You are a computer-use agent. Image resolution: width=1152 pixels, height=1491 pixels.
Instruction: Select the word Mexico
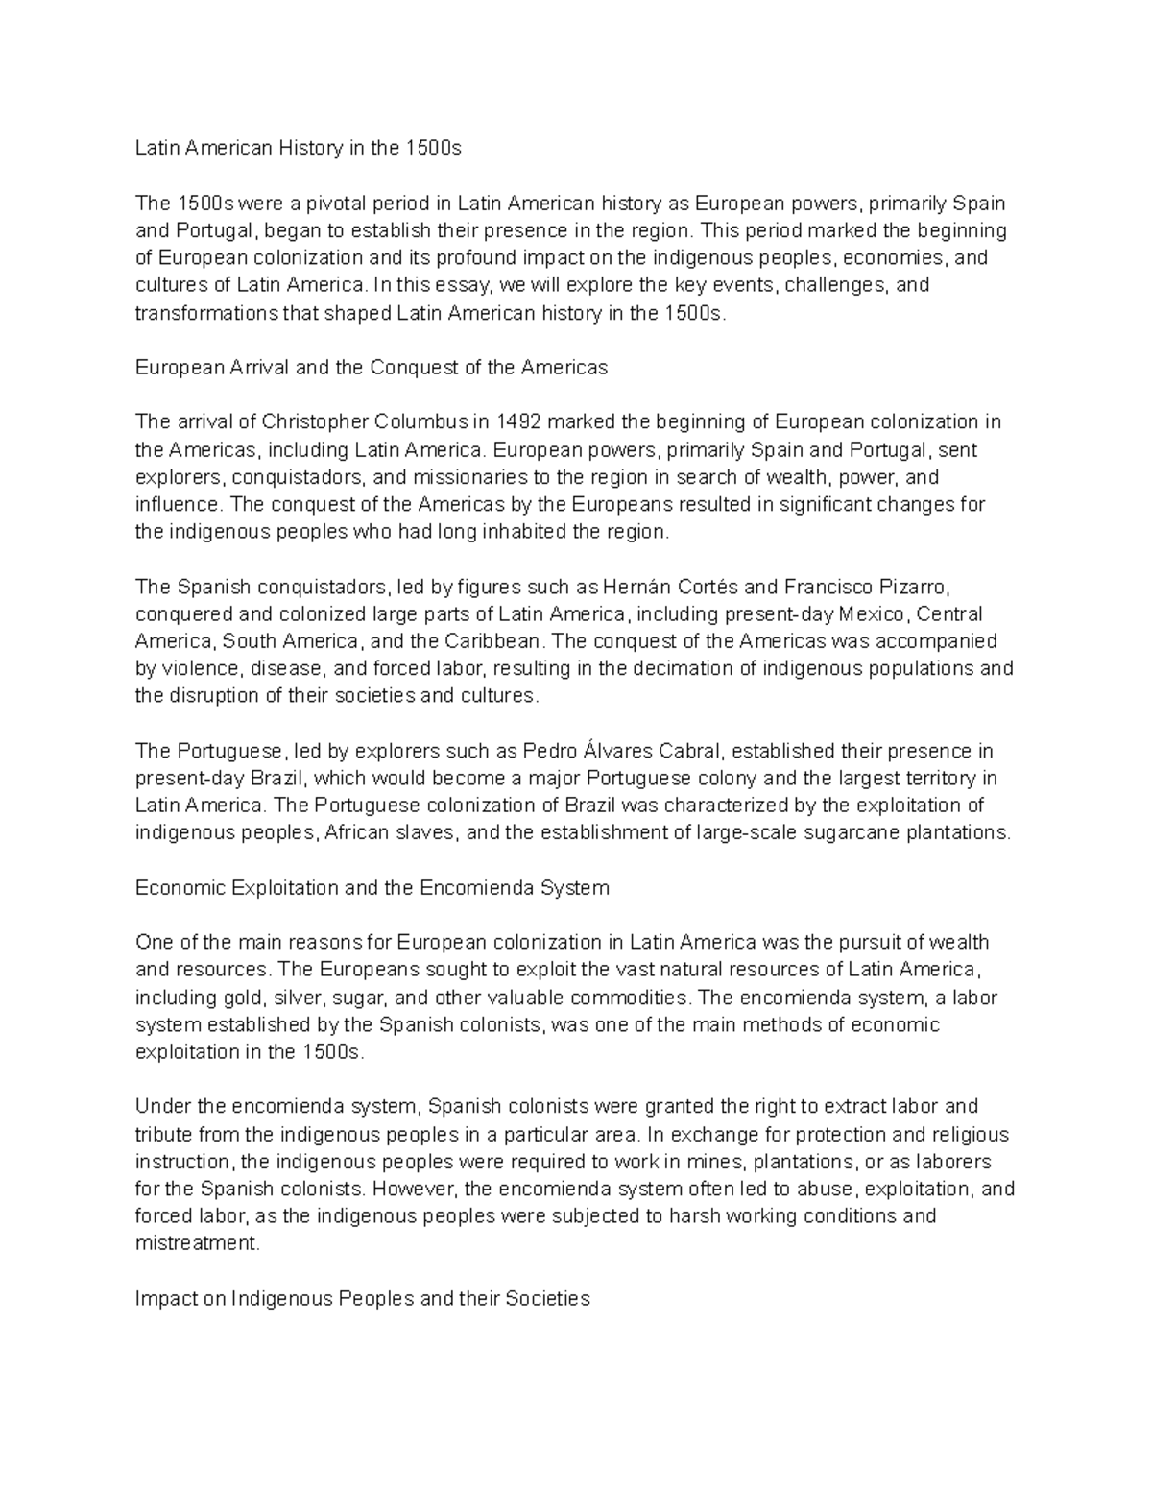pos(874,613)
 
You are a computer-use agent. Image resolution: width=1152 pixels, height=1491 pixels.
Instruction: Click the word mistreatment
pos(197,1243)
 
